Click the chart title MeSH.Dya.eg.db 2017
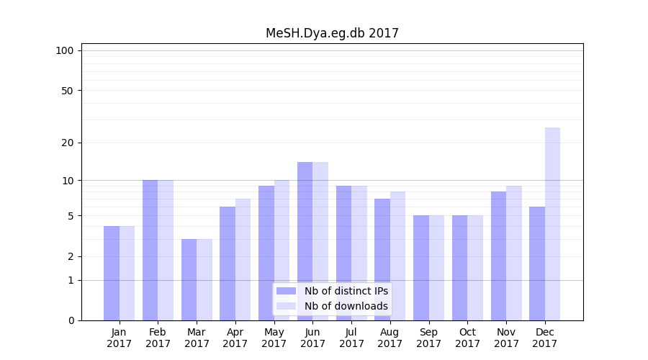tap(332, 33)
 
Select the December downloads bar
tap(552, 224)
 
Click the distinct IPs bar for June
tap(305, 241)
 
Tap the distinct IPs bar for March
tap(189, 279)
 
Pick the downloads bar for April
tap(243, 259)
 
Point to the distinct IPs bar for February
tap(150, 250)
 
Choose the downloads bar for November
tap(514, 253)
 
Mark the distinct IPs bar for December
tap(537, 264)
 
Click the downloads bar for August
tap(397, 256)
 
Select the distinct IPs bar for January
tap(112, 273)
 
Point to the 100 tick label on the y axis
tap(65, 50)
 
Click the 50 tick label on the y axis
tap(67, 91)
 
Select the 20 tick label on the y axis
tap(67, 143)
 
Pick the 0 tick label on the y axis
tap(71, 320)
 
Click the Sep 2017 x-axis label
tap(428, 338)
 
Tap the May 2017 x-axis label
tap(274, 338)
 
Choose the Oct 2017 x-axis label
tap(467, 338)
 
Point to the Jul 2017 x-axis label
tap(351, 338)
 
